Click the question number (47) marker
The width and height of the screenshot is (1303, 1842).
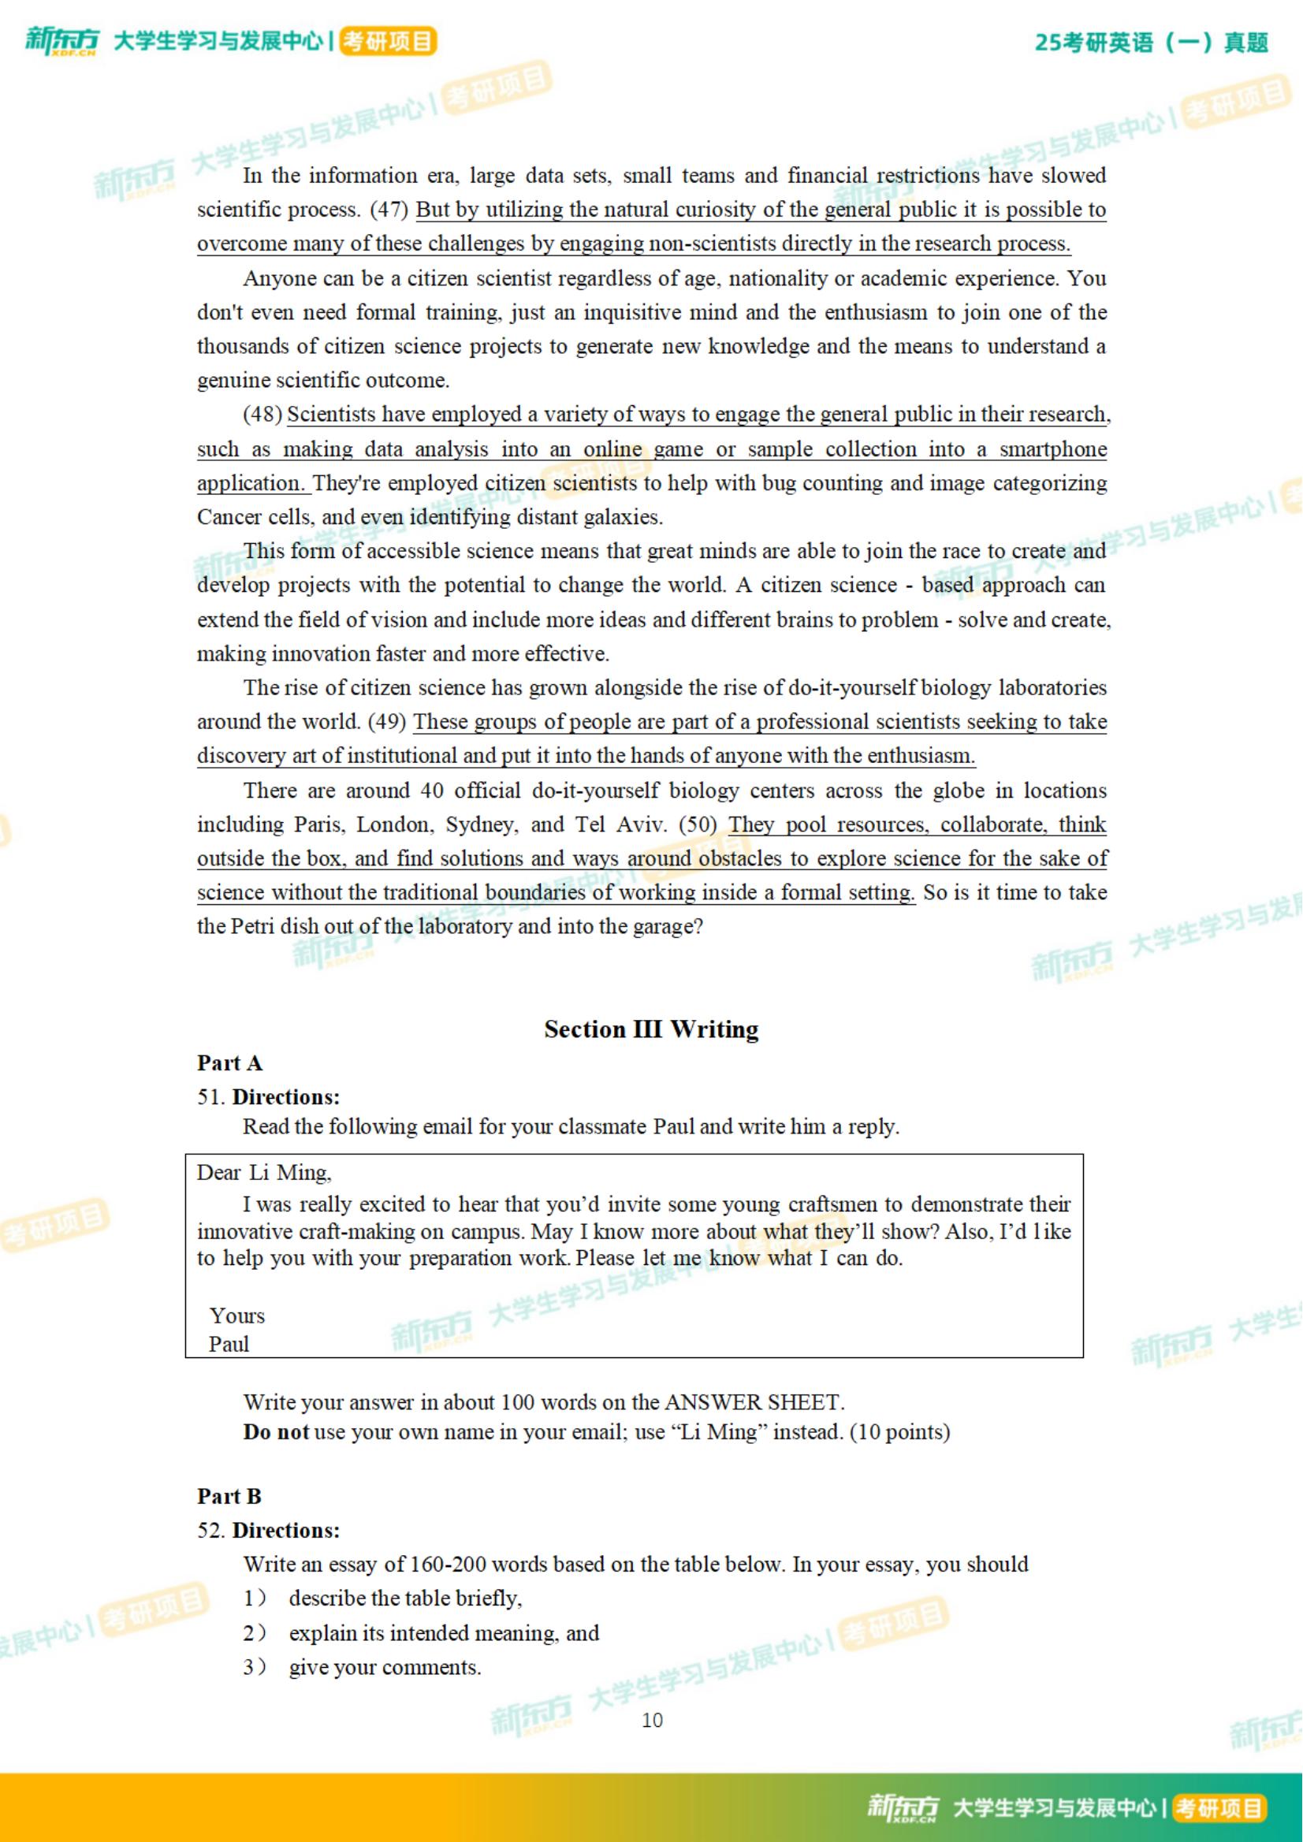pos(389,210)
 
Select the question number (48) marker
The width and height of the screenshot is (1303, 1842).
pos(262,415)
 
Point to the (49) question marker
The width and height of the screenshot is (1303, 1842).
pos(387,722)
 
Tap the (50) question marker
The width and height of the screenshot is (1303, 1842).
pos(698,824)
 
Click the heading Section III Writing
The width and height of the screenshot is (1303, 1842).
pos(650,1029)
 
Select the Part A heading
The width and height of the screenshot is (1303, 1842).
pos(229,1064)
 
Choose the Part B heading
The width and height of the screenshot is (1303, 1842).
pos(229,1497)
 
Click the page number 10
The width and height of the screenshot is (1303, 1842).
pos(651,1721)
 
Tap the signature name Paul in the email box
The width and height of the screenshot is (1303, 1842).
pos(229,1345)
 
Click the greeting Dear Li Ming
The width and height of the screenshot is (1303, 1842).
pos(264,1173)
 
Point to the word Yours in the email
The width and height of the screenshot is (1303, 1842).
pos(236,1316)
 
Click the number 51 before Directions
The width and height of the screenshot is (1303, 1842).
pos(210,1097)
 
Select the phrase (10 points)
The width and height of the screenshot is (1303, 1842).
pos(899,1432)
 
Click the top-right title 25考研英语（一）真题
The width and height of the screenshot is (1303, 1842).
pos(1152,43)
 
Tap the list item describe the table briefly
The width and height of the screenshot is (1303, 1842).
pos(405,1598)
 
